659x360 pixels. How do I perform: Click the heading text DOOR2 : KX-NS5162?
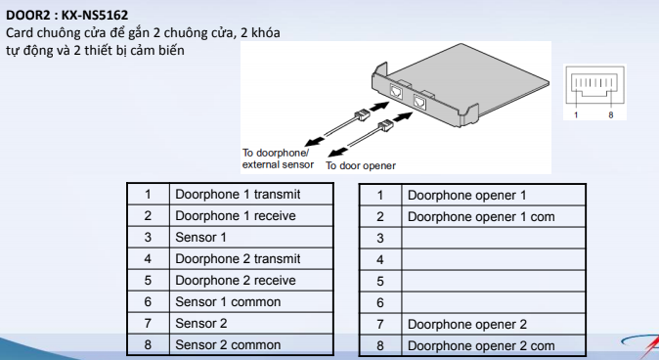coord(66,15)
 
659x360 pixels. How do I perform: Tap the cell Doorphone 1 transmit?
coord(251,195)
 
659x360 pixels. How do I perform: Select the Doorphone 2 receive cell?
coord(251,280)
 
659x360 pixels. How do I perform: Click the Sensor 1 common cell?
coord(251,301)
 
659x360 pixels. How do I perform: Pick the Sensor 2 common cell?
coord(251,344)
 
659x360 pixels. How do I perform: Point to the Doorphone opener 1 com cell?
coord(494,216)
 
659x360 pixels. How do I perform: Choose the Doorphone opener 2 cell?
coord(494,324)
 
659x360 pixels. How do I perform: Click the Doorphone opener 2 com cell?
coord(494,345)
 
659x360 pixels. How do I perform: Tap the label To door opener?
coord(361,165)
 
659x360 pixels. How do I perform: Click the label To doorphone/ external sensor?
coord(278,158)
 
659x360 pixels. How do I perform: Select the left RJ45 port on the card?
coord(396,91)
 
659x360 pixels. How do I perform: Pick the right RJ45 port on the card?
coord(419,102)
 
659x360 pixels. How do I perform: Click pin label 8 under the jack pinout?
coord(611,114)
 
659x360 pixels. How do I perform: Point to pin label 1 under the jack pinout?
coord(576,114)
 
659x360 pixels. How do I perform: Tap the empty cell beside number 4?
coord(494,259)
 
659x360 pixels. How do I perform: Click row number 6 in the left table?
coord(148,301)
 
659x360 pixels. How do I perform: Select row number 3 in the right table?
coord(380,238)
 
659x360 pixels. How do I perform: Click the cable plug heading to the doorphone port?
coord(363,114)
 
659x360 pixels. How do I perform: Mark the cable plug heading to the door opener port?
coord(385,125)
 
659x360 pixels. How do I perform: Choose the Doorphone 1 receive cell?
coord(251,216)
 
